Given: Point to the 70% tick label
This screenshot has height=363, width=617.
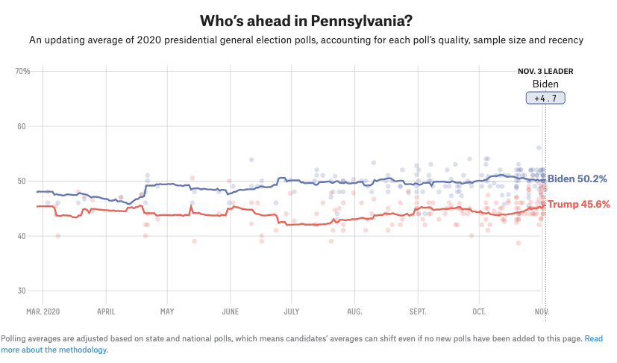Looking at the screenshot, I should coord(22,71).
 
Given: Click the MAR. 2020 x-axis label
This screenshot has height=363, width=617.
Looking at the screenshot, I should coord(43,310).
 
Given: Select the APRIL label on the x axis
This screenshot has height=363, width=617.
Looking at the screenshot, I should coord(106,310).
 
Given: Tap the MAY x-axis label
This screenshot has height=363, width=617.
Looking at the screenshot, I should coord(167,310).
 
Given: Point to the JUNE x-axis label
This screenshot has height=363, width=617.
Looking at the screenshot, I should coord(231,310).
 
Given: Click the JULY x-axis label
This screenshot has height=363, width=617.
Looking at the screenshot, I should coord(292,310).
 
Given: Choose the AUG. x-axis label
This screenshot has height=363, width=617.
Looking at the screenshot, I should coord(354,310).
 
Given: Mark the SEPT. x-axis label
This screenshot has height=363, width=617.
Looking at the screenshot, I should coord(418,310).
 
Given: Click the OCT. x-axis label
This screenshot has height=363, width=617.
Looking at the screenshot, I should coord(479,310).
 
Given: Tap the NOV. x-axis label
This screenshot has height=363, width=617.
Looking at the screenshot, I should coord(542,310).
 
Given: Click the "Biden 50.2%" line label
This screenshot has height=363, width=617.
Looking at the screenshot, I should coord(577,179).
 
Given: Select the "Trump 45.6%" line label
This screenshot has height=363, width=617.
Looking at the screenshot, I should coord(579,204).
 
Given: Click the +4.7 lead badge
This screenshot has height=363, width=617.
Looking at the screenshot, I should coord(545,98).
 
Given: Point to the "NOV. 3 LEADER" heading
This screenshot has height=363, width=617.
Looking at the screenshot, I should coord(545,72).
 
